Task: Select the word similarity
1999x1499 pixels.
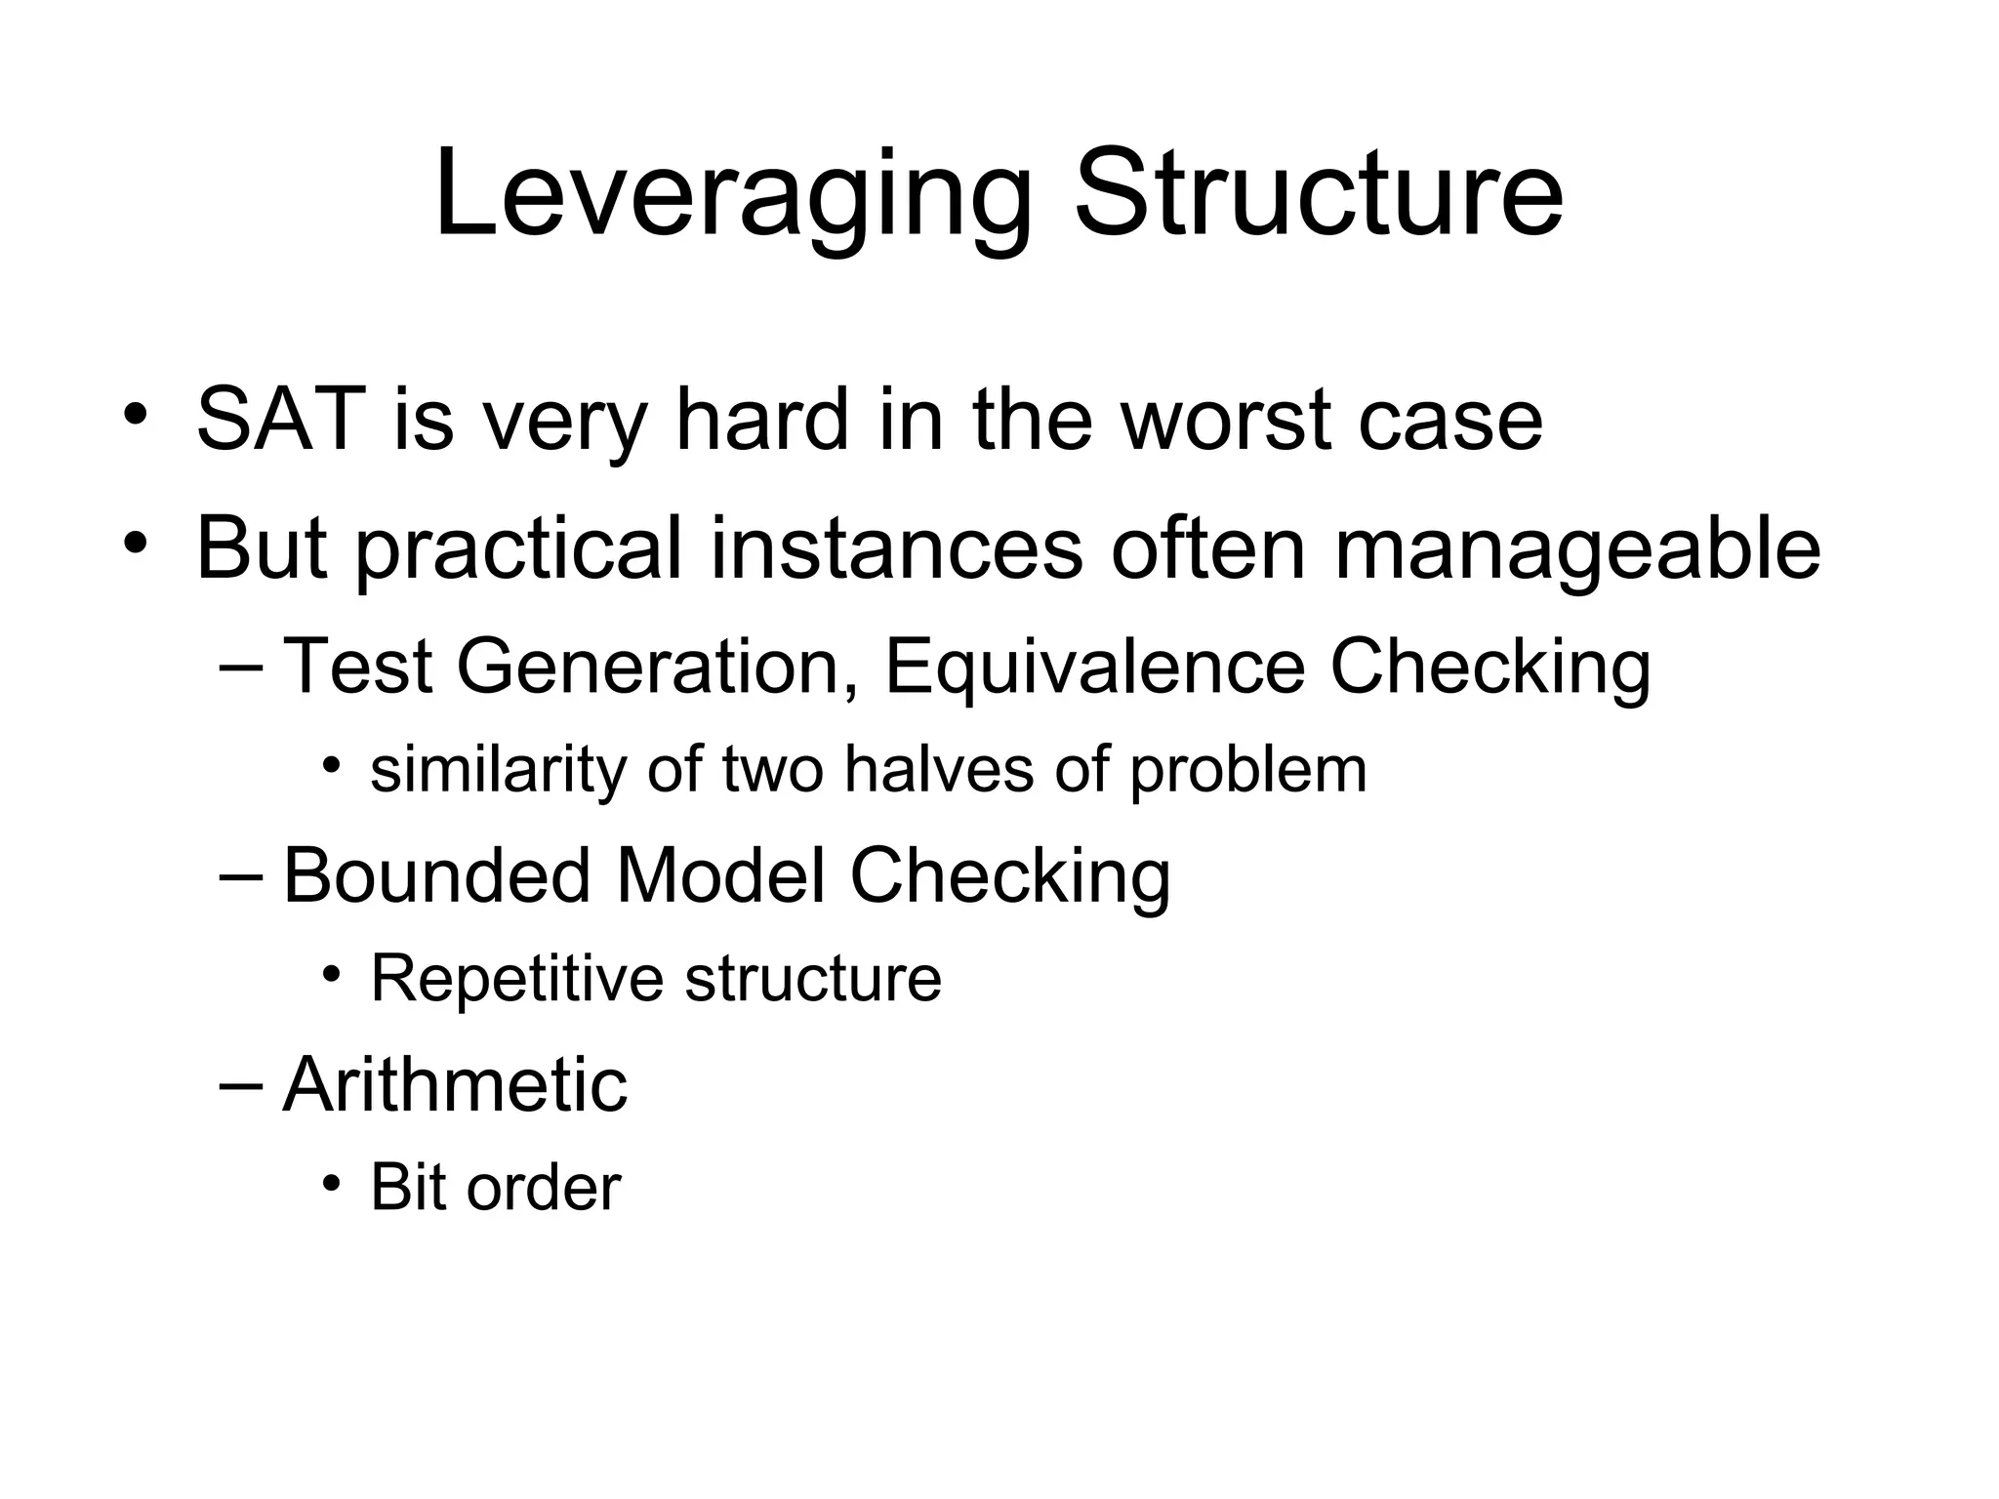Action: click(499, 770)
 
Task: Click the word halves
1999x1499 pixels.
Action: click(938, 769)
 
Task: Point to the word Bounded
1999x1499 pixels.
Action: click(437, 875)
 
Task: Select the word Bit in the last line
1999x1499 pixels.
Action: click(406, 1188)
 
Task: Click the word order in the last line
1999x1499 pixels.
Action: click(544, 1188)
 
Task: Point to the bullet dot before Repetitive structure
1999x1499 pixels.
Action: click(332, 973)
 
